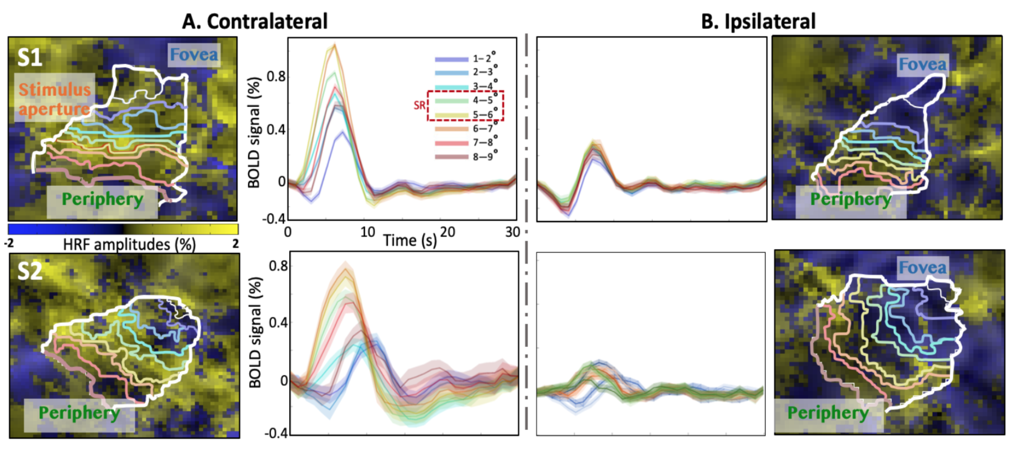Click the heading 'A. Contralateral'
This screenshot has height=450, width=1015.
[x=255, y=21]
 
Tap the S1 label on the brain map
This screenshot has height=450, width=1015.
[x=30, y=58]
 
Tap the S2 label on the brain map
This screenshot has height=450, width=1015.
[x=30, y=271]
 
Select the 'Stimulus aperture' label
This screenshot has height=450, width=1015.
[x=54, y=99]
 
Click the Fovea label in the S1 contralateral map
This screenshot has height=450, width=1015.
[x=194, y=55]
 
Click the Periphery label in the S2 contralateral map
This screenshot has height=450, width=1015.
[x=79, y=413]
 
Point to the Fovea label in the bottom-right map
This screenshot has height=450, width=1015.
[x=922, y=267]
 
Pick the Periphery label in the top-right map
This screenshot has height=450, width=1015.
[x=850, y=200]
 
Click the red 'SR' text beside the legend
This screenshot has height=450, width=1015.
[x=419, y=105]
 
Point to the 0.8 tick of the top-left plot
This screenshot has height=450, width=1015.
[x=276, y=77]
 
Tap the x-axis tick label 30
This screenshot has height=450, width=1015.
[x=512, y=232]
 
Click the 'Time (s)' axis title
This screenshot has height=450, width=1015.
[x=410, y=240]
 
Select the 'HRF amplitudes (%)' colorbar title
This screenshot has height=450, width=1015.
[x=129, y=244]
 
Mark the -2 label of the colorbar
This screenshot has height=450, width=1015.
[x=9, y=243]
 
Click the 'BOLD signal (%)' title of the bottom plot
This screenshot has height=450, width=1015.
[x=255, y=332]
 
